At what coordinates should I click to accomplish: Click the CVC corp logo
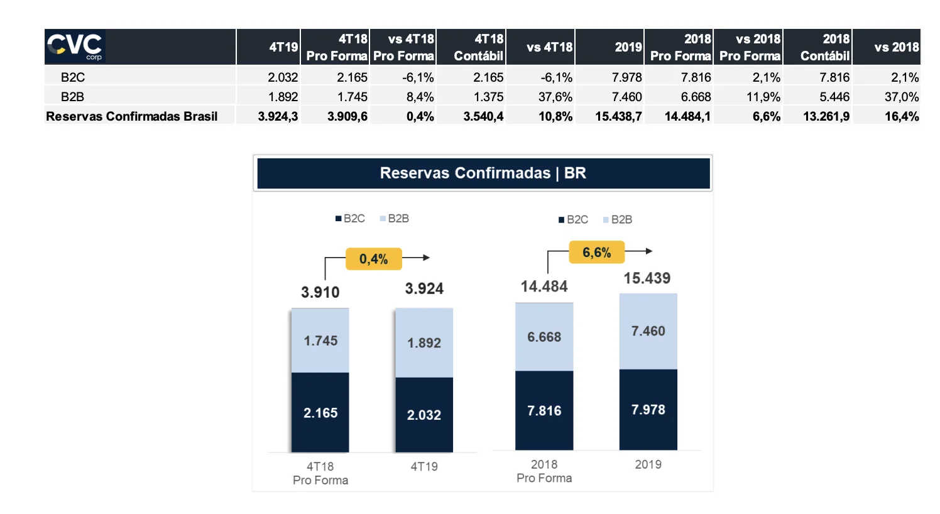[75, 46]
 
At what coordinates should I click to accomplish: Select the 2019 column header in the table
[628, 47]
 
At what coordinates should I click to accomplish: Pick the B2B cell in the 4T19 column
[283, 97]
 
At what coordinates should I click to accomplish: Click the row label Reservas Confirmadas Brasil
[132, 116]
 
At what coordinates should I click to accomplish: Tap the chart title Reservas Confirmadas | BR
[483, 173]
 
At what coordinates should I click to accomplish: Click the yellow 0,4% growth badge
[373, 259]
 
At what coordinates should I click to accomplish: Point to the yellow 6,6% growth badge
[596, 253]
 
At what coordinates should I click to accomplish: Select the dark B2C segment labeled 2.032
[424, 415]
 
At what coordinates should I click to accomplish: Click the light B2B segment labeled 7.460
[648, 331]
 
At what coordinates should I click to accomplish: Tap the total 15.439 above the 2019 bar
[647, 278]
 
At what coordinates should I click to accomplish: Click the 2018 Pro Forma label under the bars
[544, 471]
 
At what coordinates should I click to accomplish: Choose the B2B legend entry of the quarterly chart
[394, 219]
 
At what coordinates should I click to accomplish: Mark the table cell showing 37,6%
[555, 97]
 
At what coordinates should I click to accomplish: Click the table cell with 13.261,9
[826, 116]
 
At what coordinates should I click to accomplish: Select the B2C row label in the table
[73, 77]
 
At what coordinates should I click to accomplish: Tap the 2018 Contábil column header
[824, 47]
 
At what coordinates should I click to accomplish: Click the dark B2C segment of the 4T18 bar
[320, 412]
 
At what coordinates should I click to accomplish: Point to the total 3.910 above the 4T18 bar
[320, 292]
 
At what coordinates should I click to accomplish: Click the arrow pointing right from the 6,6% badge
[640, 251]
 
